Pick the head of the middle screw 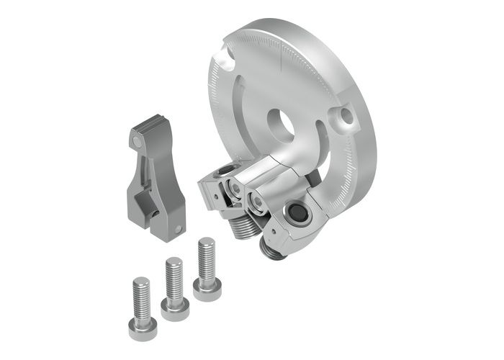point(174,310)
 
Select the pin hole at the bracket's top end point(138,143)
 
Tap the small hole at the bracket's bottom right point(177,230)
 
